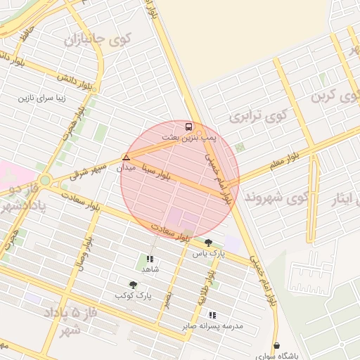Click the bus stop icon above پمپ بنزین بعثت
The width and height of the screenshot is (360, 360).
(188, 127)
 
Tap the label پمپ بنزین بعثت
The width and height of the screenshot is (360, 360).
(189, 138)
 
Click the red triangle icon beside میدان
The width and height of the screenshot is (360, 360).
(126, 157)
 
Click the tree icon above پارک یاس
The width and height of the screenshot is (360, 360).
(208, 243)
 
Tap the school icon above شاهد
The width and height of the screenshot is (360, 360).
(149, 259)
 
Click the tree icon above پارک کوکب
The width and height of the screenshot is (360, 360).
(133, 285)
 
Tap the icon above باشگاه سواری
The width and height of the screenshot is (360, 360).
(277, 345)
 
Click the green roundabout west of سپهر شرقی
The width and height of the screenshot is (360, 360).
(45, 180)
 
